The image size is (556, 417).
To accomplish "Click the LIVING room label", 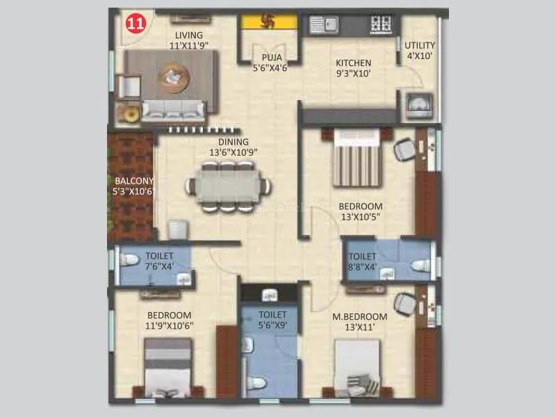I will coord(189,35).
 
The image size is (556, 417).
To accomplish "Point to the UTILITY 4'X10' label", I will coord(420,50).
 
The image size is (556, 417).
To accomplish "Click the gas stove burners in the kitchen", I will coord(381,23).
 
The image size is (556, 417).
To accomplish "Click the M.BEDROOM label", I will coord(355,317).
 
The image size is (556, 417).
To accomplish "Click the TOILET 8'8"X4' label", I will coord(362,261).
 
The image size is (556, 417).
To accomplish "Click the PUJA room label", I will coord(271,58).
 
